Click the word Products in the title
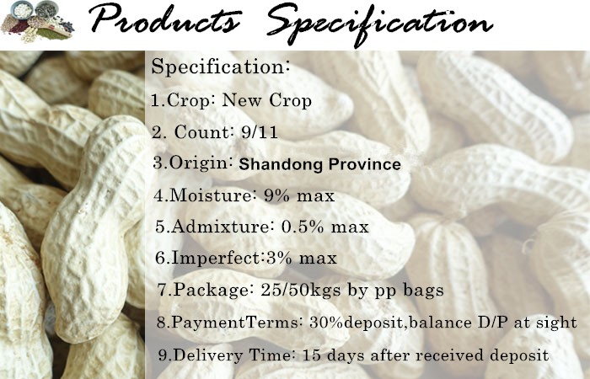pos(165,19)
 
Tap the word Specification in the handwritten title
pos(379,24)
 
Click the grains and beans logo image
pos(37,21)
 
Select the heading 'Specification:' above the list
pos(221,67)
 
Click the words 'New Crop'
pos(267,100)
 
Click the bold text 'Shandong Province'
pos(319,164)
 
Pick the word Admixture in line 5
pos(220,227)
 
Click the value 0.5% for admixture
pos(303,227)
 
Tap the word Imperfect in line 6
pos(216,258)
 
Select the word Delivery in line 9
pos(208,355)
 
